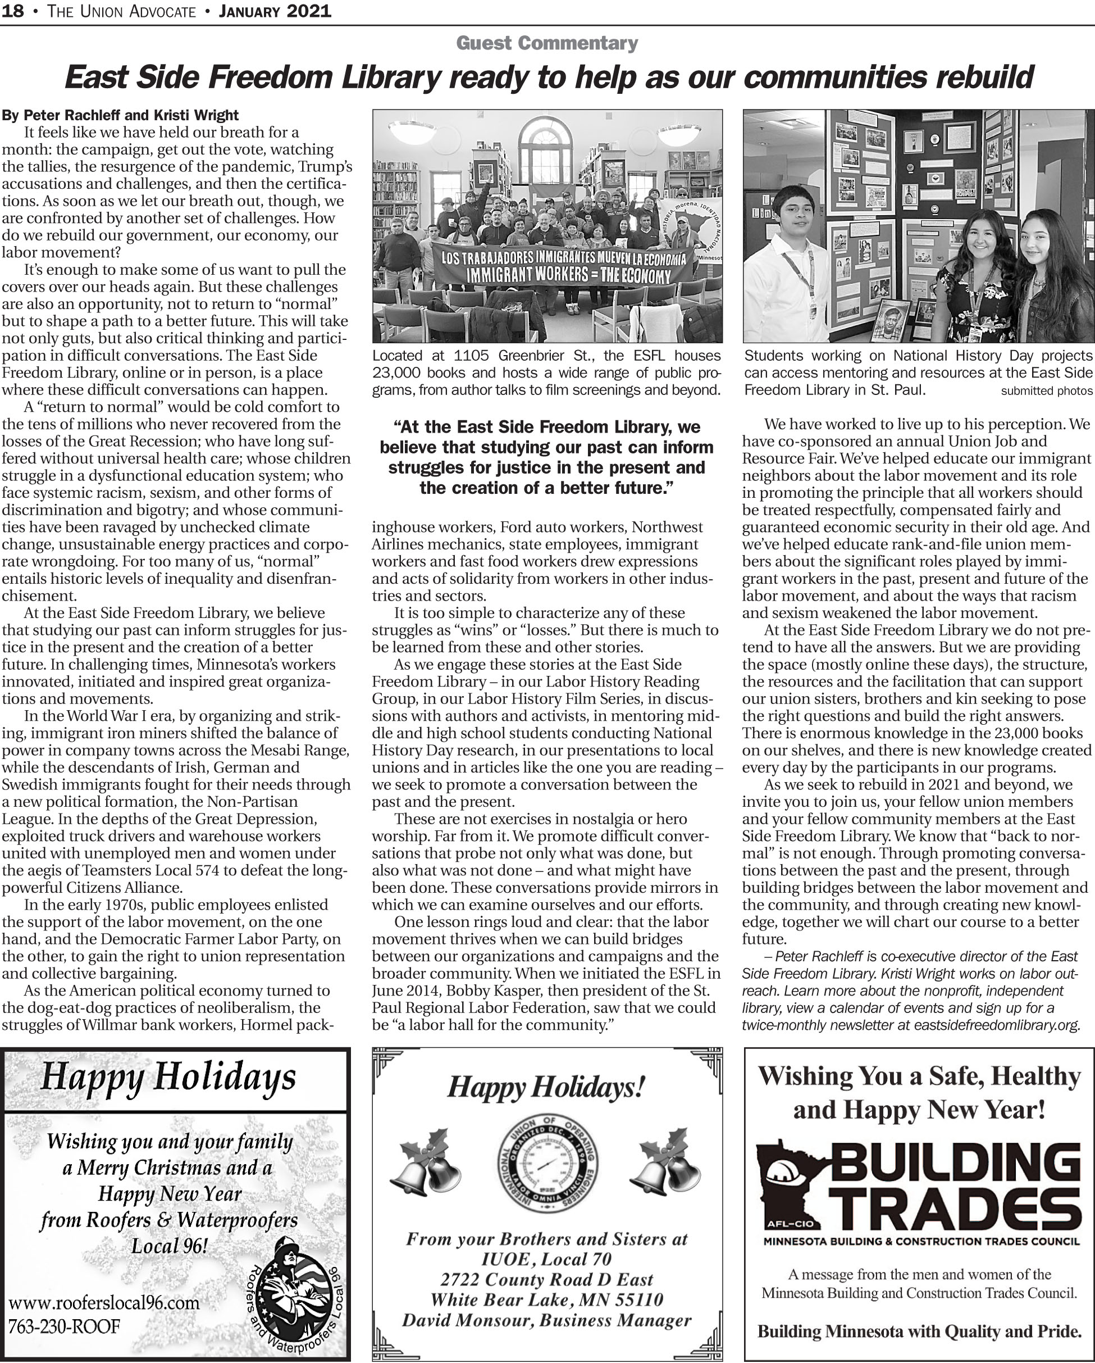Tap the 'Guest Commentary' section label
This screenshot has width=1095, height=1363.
pos(546,43)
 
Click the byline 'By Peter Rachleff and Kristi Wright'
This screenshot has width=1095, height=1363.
pos(120,115)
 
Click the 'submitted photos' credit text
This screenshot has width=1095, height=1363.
pos(1046,390)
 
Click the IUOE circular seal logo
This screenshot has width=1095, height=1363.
pos(547,1165)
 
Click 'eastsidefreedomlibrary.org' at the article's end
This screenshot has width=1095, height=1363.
pos(996,1025)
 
